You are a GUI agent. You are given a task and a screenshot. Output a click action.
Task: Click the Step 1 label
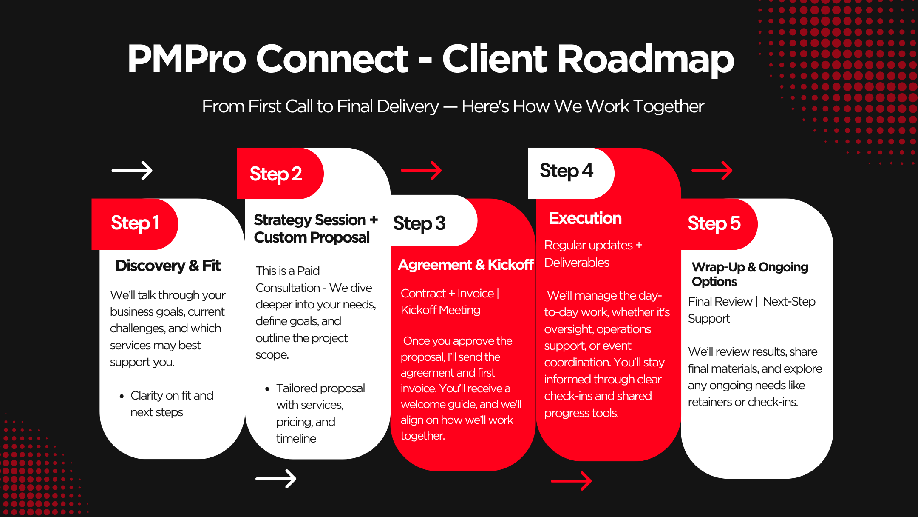coord(135,223)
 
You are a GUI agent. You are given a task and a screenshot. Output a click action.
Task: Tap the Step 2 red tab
coord(276,174)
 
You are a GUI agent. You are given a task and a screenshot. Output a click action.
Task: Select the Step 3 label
coord(419,223)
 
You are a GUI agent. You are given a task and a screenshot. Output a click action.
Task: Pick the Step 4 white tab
coord(566,171)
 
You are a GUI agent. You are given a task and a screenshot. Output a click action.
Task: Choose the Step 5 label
coord(714,223)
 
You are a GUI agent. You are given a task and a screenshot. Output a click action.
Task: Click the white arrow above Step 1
coord(132,171)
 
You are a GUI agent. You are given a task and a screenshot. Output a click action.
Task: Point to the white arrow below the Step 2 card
coord(276,479)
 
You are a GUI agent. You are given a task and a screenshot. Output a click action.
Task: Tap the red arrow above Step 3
coord(421,171)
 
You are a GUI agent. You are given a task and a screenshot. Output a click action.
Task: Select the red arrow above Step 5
coord(712,171)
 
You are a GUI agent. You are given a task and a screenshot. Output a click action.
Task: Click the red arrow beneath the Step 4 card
coord(571,481)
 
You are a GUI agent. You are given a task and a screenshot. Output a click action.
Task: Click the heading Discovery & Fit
coord(168,266)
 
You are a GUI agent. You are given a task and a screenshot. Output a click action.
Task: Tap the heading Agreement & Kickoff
coord(465,265)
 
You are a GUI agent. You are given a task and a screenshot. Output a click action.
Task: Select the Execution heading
coord(585,218)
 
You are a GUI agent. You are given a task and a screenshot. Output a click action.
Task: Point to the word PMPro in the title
coord(187,59)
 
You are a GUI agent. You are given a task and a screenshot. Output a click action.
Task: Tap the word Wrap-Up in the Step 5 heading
coord(718,267)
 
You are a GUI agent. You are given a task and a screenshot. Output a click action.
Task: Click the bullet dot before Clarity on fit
coord(122,396)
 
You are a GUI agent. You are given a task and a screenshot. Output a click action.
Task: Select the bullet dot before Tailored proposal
coord(267,389)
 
